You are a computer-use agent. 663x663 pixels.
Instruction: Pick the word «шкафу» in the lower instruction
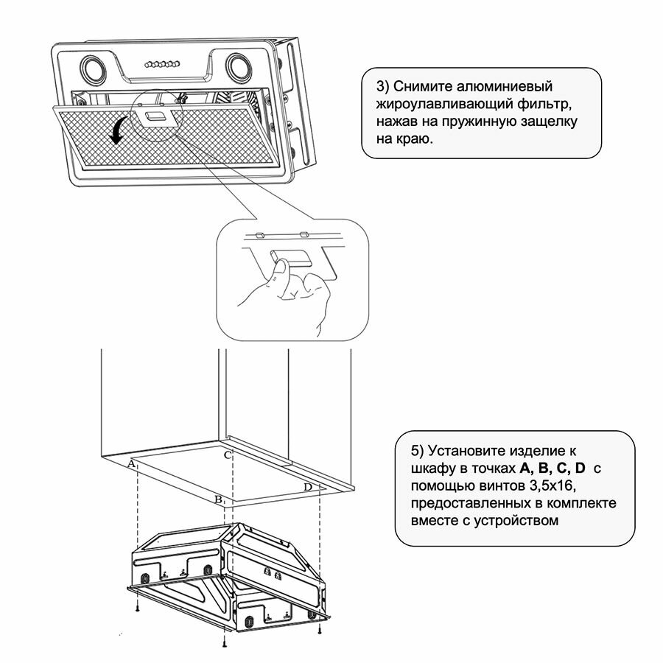click(427, 469)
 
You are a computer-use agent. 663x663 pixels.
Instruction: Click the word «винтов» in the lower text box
click(502, 486)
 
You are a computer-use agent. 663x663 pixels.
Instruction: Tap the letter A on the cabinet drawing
click(131, 463)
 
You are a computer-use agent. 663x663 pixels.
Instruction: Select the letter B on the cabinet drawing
click(218, 499)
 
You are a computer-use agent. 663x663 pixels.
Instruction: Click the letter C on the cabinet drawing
click(228, 455)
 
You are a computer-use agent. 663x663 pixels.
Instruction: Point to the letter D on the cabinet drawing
click(308, 488)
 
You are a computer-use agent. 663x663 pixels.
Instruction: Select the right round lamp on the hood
click(238, 65)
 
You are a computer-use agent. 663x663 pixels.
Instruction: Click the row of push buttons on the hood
click(166, 64)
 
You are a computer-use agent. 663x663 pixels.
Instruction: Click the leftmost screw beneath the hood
click(138, 609)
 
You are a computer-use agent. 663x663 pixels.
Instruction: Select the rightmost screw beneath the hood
click(319, 629)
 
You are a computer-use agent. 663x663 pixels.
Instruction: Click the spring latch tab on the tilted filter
click(155, 116)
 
